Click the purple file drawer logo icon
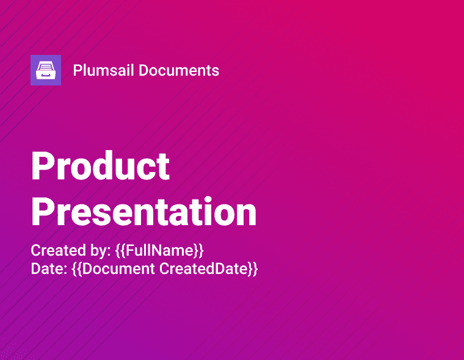pos(46,70)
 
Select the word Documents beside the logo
pos(179,70)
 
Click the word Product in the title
pos(100,166)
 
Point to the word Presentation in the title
pos(143,212)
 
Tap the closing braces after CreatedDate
pos(252,268)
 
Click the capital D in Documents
pos(143,70)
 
